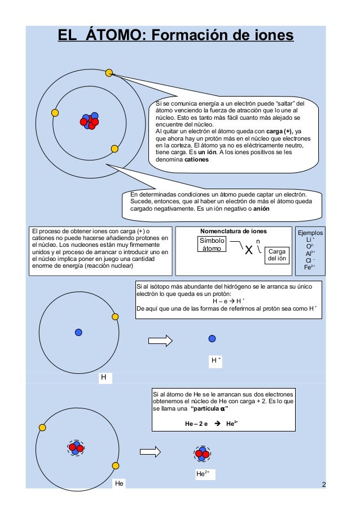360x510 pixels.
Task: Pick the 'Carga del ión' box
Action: point(277,255)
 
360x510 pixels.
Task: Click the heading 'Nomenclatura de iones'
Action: point(234,232)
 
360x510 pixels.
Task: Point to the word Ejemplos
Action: point(310,232)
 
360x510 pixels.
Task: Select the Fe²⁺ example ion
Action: point(310,267)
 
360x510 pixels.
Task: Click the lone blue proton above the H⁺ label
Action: point(212,338)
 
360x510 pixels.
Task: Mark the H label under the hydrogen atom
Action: point(103,377)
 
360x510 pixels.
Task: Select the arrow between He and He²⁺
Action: point(151,451)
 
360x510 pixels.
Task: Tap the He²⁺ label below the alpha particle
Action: point(202,474)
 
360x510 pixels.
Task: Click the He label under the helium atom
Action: point(119,483)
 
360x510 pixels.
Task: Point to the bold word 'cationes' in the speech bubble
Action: point(196,160)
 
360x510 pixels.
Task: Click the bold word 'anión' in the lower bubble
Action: point(261,208)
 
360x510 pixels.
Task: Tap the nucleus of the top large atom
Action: point(90,121)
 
